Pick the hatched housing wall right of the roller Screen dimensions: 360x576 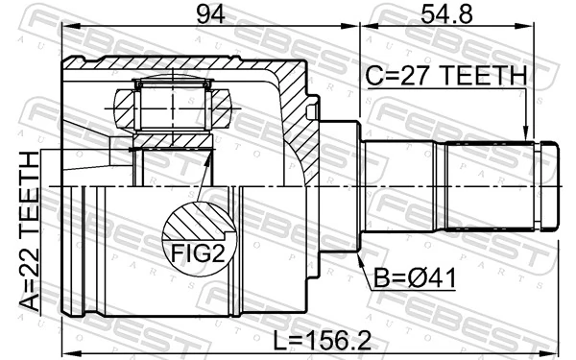[x=288, y=115]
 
